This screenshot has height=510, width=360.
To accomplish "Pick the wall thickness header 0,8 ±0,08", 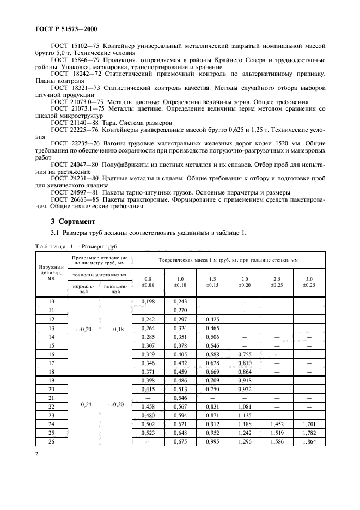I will coord(148,281).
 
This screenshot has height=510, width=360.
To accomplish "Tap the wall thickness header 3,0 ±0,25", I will coord(309,281).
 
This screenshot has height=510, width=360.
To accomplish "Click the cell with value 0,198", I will coord(148,301).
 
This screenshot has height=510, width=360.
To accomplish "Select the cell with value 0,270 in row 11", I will coord(180,309).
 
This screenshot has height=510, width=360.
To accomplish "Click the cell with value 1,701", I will coord(309,424).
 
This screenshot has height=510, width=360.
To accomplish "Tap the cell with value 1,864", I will coord(309,442).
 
